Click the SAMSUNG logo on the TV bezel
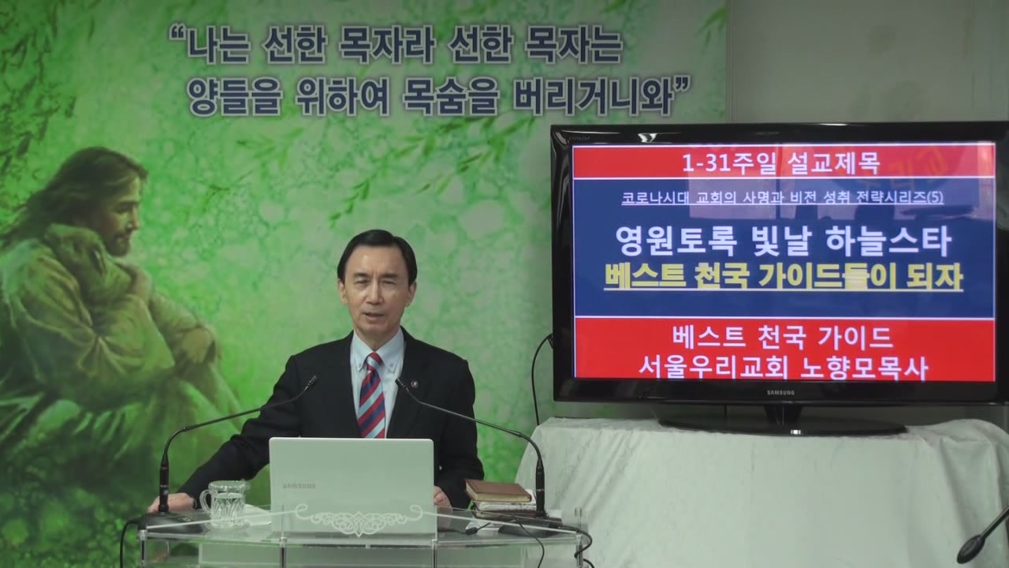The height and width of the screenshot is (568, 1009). [780, 393]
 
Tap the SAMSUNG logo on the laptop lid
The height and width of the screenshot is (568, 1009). [299, 486]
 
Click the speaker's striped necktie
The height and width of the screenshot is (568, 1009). [371, 396]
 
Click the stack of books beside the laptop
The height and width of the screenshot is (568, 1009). [499, 498]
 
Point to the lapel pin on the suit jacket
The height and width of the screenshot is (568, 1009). [415, 385]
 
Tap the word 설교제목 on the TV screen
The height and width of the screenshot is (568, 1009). [833, 163]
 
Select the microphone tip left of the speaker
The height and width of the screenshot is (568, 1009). [311, 383]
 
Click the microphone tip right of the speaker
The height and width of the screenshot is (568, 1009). [400, 384]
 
